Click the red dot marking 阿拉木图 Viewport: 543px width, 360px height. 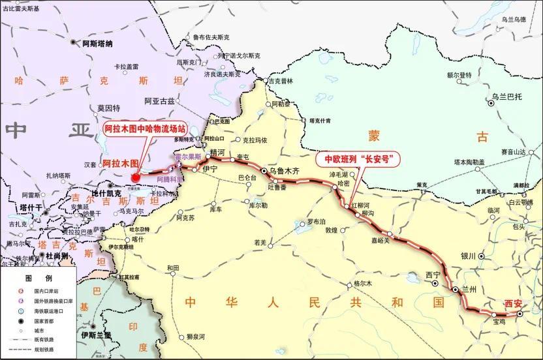(136, 177)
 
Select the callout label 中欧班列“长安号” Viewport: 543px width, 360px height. (358, 159)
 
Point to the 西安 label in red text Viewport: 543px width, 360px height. (514, 303)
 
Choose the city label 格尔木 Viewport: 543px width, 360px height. (362, 284)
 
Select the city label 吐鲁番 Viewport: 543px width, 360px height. (278, 187)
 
